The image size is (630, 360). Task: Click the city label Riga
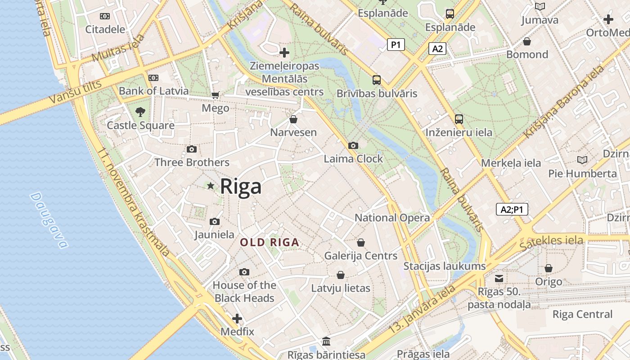point(240,186)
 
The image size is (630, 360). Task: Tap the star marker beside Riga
point(210,185)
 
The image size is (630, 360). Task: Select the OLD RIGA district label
point(270,243)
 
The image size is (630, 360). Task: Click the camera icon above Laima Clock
point(353,145)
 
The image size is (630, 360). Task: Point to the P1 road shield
point(396,45)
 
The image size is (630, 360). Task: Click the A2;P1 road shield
point(512,209)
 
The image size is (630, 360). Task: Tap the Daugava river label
point(49,220)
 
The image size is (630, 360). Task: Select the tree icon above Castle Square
point(140,112)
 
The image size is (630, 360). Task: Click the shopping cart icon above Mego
point(215,95)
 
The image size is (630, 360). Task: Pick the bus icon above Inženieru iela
point(459,119)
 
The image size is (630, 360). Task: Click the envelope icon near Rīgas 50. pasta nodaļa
point(499,278)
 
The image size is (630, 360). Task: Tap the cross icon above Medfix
point(237,319)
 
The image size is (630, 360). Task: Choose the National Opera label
point(392,218)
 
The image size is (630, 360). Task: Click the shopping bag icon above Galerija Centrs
point(361,243)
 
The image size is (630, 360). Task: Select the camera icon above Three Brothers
point(192,149)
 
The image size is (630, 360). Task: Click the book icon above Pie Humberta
point(582,160)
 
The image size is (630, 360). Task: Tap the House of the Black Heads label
point(244,292)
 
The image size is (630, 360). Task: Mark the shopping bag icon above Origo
point(549,269)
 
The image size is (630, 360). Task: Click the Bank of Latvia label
point(153,91)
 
